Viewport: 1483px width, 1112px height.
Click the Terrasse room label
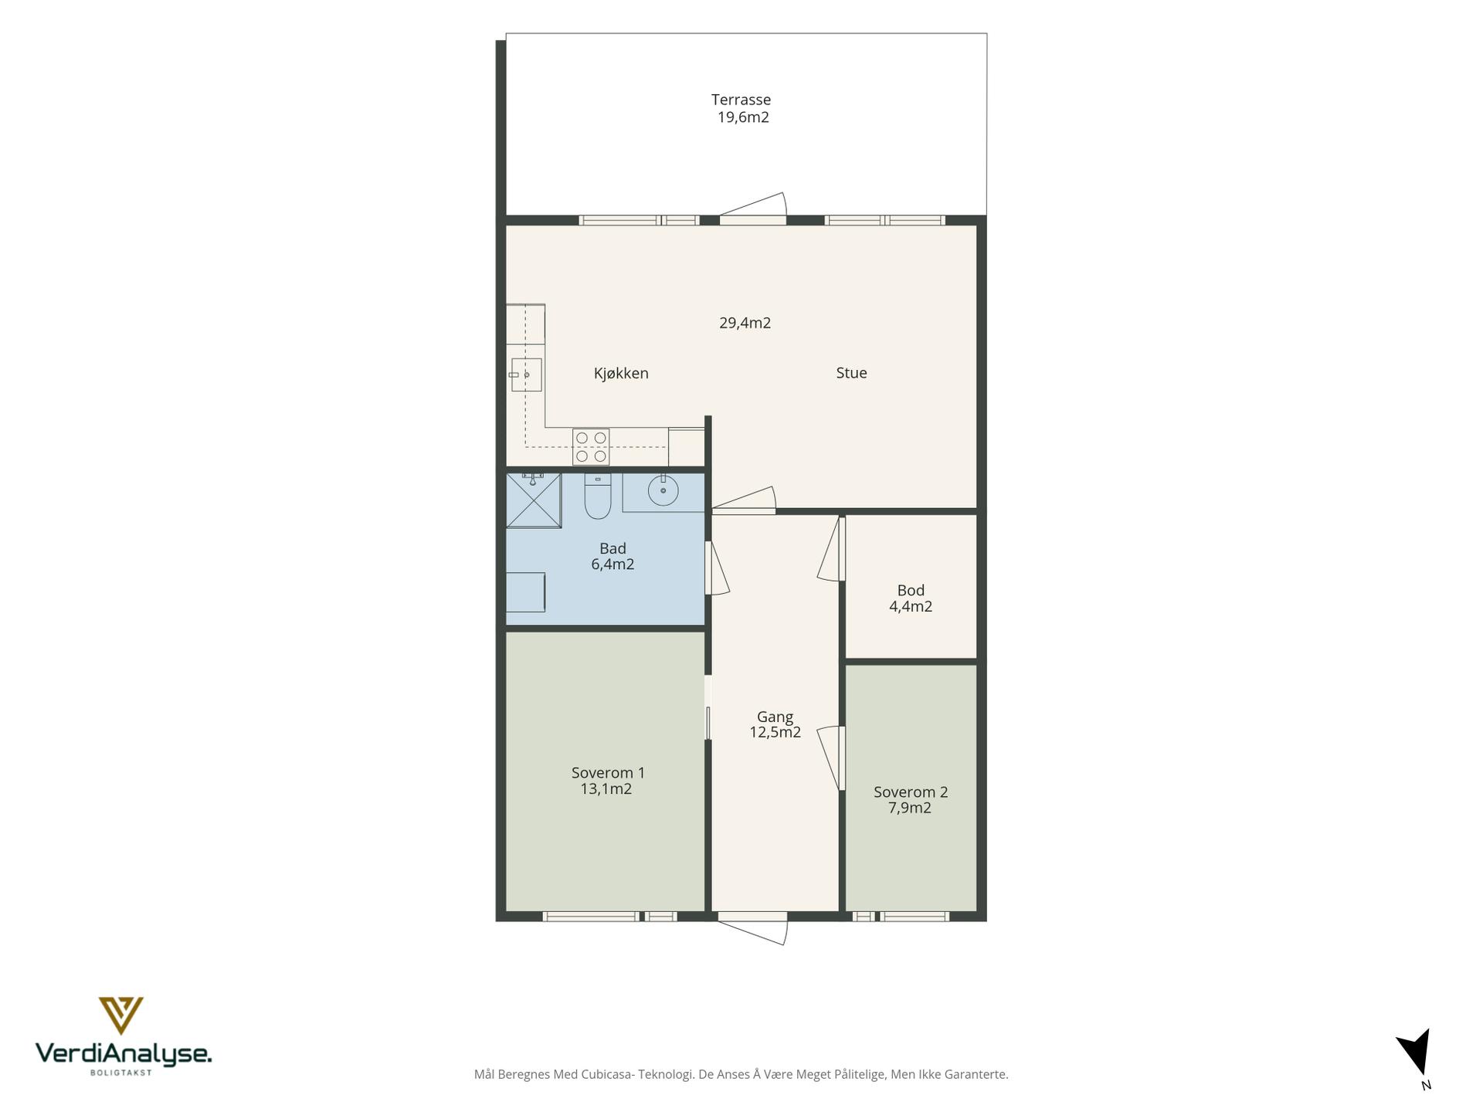point(741,100)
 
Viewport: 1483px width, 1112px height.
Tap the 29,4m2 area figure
point(745,323)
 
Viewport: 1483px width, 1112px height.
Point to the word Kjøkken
point(621,373)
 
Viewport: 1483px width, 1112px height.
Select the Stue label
point(851,372)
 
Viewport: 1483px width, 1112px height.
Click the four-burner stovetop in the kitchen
point(591,447)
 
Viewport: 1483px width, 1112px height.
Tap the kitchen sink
point(526,375)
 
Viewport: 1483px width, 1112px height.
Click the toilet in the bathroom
point(598,496)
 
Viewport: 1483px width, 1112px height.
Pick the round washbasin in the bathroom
point(663,490)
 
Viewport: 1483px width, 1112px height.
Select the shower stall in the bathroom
point(533,500)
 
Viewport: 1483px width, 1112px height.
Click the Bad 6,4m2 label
point(613,556)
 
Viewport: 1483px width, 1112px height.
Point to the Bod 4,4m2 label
point(911,598)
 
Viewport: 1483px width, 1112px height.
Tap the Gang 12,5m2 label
point(775,724)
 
